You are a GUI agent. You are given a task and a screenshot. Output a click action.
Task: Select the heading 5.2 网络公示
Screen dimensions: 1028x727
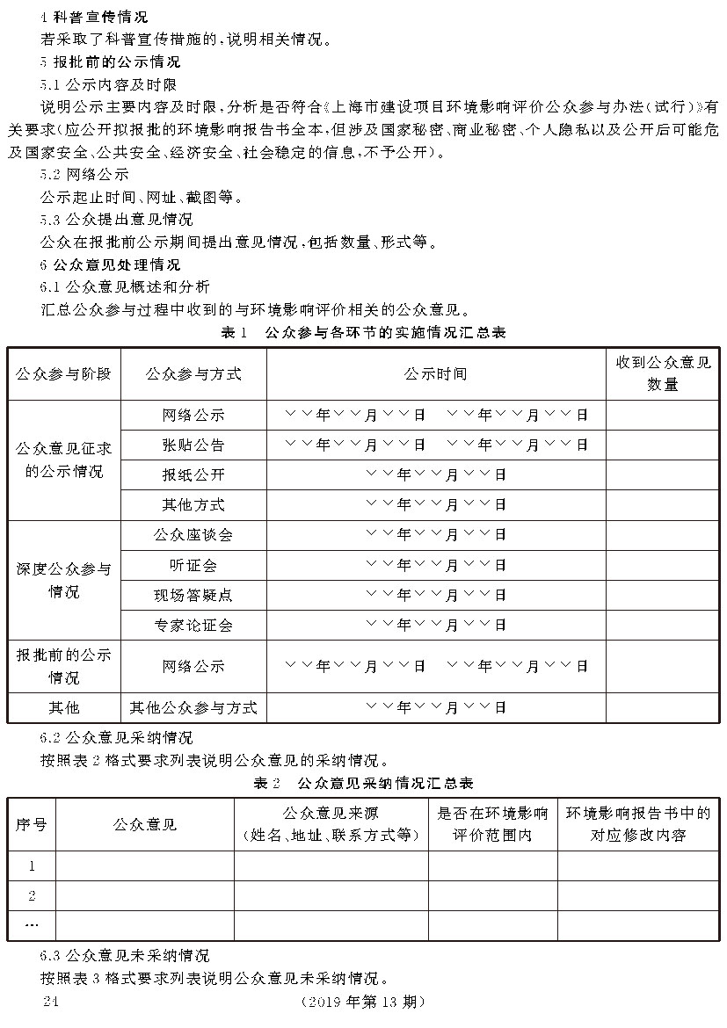[84, 173]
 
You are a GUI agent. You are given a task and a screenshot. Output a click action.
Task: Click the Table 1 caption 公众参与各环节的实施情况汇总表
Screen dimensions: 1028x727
[362, 332]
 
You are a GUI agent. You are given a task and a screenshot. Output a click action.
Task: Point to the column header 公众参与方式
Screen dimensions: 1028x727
[193, 373]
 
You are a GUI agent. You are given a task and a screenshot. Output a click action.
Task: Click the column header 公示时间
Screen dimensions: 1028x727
[436, 373]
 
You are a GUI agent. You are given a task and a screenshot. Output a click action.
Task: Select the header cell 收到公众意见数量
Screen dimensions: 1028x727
[662, 373]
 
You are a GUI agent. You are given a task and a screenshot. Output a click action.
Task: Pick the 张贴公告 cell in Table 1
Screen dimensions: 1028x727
[193, 445]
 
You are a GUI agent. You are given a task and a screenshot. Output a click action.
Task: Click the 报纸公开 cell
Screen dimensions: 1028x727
[193, 474]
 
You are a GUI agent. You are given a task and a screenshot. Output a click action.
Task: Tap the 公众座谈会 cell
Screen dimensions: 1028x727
[193, 534]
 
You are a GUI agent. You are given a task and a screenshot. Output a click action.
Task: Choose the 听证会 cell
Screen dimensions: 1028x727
[193, 564]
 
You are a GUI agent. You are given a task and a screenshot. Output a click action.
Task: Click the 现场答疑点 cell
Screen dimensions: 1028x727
[193, 595]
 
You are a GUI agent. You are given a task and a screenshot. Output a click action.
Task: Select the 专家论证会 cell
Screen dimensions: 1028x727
[193, 625]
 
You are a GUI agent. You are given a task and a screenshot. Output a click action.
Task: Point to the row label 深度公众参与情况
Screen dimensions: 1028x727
[64, 580]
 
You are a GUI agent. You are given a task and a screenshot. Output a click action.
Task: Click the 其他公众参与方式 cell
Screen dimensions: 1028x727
[193, 707]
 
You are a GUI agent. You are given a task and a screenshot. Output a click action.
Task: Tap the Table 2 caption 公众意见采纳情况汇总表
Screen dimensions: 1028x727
[363, 782]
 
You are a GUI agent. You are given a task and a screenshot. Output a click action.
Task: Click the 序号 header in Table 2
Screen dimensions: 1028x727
[32, 824]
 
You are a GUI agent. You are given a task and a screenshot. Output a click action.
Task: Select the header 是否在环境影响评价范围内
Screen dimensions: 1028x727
[492, 824]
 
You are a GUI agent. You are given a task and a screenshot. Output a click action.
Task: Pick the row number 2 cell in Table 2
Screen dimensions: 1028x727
[32, 895]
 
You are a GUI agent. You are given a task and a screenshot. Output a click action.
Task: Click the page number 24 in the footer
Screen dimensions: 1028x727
[49, 1002]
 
